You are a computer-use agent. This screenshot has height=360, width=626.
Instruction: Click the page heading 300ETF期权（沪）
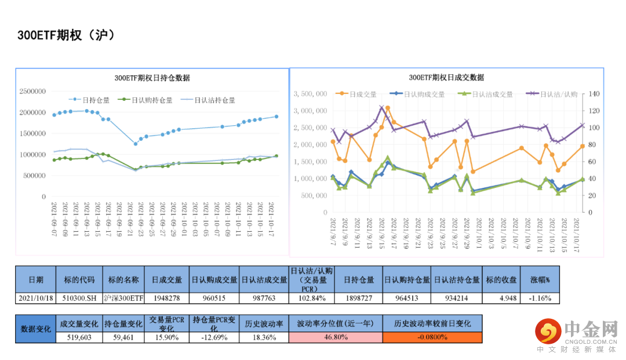(x=66, y=35)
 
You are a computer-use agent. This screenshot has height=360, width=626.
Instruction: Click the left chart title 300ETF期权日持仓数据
(x=152, y=78)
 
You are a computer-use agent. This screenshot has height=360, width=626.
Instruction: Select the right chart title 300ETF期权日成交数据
(x=446, y=77)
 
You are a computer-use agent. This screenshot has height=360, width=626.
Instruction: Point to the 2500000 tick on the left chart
(x=32, y=92)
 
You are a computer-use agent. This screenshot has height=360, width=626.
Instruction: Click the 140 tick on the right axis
(x=594, y=94)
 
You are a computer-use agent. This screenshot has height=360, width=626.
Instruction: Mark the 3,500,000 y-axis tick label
(x=313, y=94)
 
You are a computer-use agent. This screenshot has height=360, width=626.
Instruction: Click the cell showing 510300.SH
(x=79, y=298)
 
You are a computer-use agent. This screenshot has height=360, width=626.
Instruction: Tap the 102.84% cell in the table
(x=311, y=298)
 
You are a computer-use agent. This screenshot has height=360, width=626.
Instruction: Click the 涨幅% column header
(x=540, y=279)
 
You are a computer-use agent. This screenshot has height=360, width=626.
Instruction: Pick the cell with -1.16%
(x=540, y=298)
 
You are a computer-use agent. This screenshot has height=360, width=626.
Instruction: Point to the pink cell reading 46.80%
(x=336, y=337)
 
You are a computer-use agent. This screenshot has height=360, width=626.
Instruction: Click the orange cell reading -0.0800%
(x=432, y=337)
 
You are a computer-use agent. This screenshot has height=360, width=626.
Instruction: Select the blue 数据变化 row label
(x=35, y=328)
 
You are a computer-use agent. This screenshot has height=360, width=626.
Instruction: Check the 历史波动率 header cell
(x=264, y=323)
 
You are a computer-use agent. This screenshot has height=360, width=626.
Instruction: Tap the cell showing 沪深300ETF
(x=123, y=298)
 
